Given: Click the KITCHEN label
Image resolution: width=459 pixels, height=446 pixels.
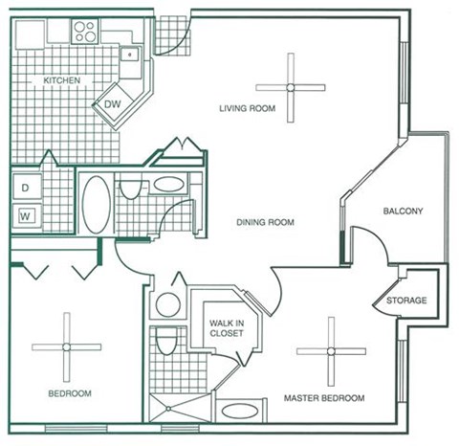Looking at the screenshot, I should tap(62, 81).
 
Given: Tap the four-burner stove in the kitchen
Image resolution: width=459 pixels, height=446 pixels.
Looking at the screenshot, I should tap(85, 31).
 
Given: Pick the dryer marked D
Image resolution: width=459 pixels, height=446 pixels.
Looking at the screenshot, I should tap(26, 189).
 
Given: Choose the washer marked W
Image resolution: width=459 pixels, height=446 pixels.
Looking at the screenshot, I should tap(26, 215).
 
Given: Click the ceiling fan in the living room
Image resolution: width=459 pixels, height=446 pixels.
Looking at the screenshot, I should tap(291, 87).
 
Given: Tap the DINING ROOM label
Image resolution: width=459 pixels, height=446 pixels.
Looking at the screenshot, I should tap(265, 223).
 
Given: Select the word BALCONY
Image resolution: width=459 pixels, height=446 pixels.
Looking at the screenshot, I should tap(403, 212).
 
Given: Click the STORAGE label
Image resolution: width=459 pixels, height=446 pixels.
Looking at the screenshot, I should tap(406, 301).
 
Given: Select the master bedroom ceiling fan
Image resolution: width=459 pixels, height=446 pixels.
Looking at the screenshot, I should tap(331, 350).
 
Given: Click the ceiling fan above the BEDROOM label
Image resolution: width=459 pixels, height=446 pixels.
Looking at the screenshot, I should tap(66, 346).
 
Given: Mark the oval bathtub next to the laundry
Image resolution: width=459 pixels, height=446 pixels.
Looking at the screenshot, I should tap(96, 204).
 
